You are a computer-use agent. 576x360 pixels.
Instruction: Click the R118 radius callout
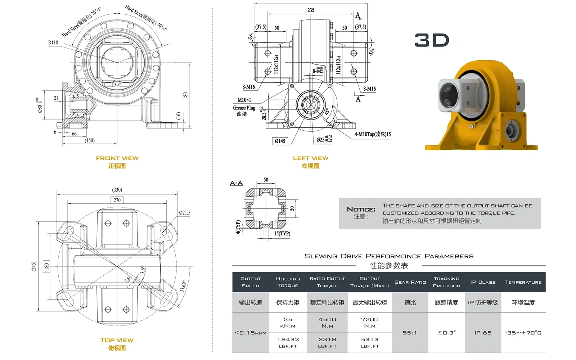(53, 42)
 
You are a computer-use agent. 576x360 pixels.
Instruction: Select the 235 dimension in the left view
(311, 10)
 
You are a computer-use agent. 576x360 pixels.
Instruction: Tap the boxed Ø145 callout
(280, 141)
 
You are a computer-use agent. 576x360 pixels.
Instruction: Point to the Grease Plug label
(244, 108)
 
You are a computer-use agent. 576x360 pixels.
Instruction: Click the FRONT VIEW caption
(117, 158)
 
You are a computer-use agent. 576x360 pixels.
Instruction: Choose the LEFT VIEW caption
(310, 158)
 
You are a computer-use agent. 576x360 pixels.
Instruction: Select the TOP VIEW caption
(117, 340)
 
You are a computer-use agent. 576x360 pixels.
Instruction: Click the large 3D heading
(432, 40)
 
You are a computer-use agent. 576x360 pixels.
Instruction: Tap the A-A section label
(236, 183)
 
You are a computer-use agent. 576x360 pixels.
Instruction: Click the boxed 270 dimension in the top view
(117, 200)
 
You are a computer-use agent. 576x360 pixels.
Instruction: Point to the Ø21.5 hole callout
(185, 213)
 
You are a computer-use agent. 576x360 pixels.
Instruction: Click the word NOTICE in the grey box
(361, 210)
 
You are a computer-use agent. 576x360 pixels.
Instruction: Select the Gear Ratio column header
(410, 282)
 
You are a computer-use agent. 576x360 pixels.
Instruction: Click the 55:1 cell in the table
(410, 333)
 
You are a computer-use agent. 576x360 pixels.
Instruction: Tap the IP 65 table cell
(483, 333)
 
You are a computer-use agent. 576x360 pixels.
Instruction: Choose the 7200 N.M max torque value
(370, 322)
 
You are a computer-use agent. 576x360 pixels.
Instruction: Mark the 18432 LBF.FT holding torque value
(288, 342)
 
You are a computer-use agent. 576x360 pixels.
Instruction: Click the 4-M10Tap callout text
(372, 134)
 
